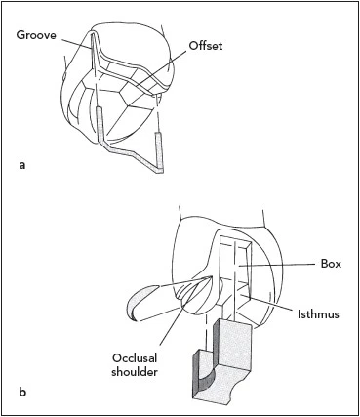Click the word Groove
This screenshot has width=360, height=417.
point(36,35)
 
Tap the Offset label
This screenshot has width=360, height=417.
point(206,46)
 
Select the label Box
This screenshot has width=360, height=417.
point(331,264)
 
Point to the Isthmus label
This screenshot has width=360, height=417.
point(318,314)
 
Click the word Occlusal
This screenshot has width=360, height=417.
point(135,358)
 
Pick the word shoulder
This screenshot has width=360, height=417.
point(135,372)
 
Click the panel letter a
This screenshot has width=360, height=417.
point(22,165)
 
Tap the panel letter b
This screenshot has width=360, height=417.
point(22,392)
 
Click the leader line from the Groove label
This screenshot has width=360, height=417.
point(76,45)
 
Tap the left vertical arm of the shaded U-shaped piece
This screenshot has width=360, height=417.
point(100,125)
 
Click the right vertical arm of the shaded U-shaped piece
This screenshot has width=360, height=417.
point(159,151)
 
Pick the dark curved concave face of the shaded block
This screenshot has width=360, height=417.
point(206,382)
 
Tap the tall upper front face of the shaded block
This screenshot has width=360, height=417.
point(234,342)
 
